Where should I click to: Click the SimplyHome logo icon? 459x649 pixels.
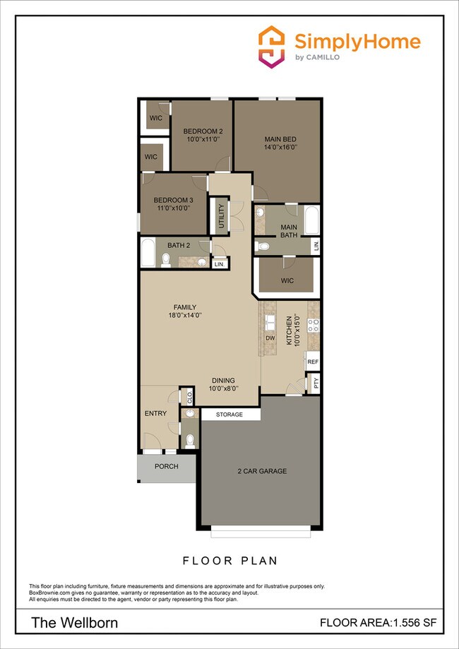point(272,47)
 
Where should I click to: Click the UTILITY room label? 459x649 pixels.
point(221,215)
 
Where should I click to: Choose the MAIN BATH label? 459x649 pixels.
point(289,231)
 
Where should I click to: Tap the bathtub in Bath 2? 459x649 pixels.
point(148,253)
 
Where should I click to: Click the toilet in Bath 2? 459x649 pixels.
point(166,260)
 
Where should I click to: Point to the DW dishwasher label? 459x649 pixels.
point(270,338)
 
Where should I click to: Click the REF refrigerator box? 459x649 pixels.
point(313,362)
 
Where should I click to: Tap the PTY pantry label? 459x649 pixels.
point(316,384)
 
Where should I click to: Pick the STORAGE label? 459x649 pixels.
point(229,415)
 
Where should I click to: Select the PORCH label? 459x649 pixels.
point(166,467)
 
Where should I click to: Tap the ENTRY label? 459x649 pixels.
point(154,413)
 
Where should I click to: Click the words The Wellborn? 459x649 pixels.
point(74,623)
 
